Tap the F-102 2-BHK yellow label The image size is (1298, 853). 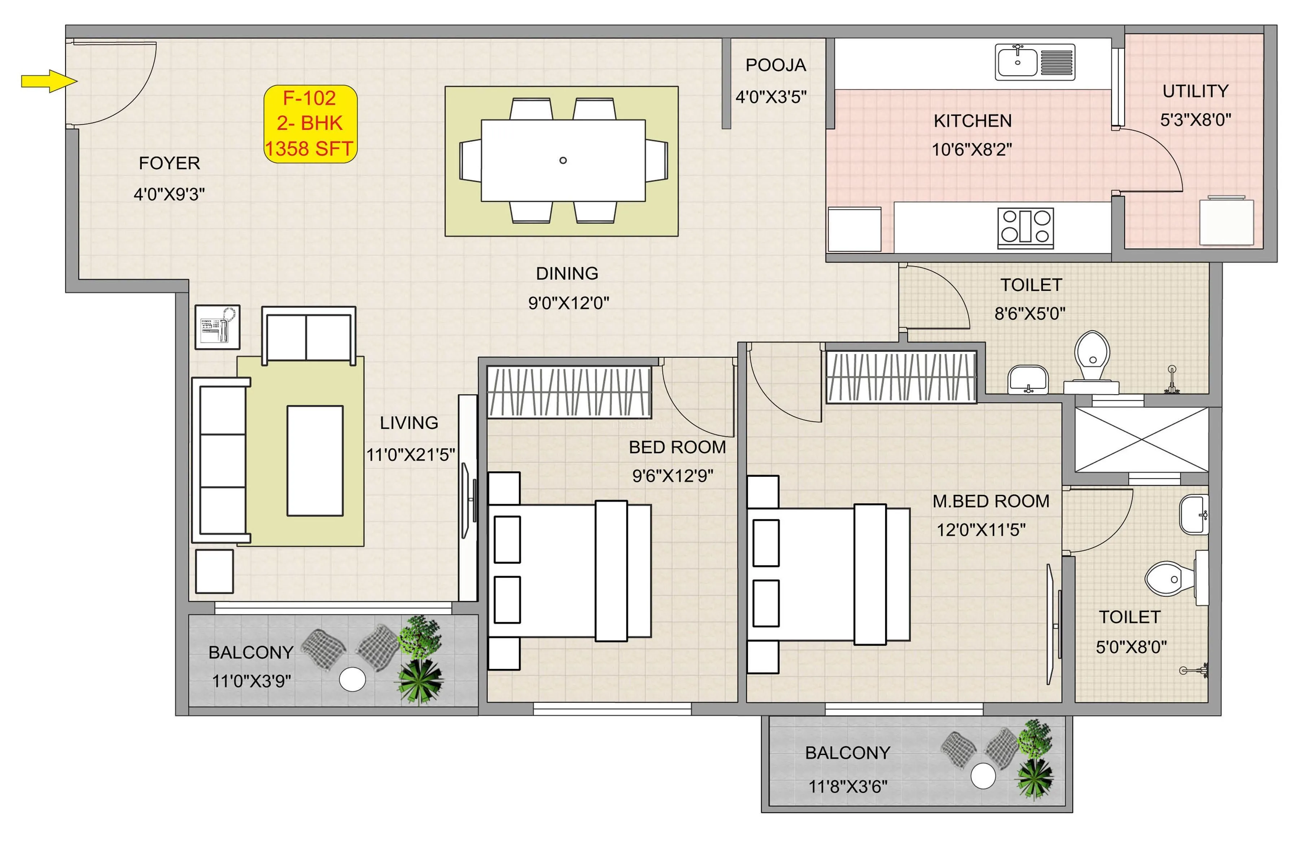(310, 124)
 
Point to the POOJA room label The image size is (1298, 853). (775, 65)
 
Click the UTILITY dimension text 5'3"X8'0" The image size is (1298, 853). (1196, 120)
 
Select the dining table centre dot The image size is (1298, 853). (563, 160)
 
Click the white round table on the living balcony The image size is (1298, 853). (352, 679)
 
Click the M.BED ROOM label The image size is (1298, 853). (991, 501)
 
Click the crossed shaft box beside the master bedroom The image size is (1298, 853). (1141, 439)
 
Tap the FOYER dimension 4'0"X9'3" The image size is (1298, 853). (169, 194)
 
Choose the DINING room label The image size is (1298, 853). (567, 273)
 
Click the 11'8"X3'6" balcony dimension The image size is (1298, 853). (848, 787)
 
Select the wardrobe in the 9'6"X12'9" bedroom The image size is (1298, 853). (569, 391)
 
